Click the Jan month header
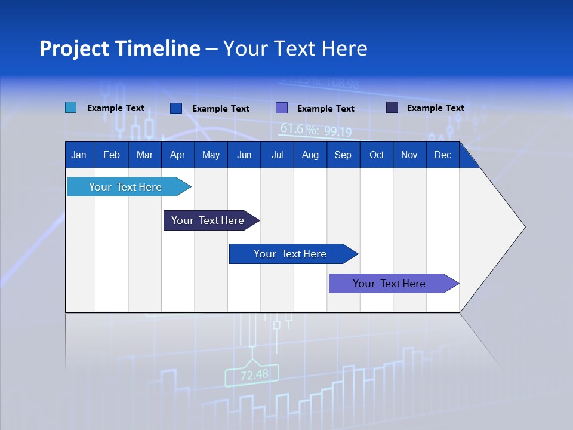point(79,155)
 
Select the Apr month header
point(177,155)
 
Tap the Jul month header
point(277,155)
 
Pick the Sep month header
point(343,155)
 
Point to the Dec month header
point(442,155)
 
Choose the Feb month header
point(112,155)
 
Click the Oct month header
point(377,155)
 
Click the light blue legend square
point(70,107)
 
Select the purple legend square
point(282,108)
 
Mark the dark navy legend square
point(392,107)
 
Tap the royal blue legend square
point(176,108)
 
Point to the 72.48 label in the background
point(254,375)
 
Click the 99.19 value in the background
point(338,132)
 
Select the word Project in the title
point(74,48)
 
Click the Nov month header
point(409,155)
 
